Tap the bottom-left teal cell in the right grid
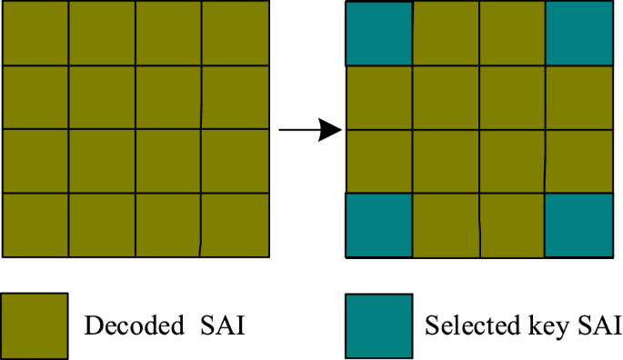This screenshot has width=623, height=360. click(x=378, y=225)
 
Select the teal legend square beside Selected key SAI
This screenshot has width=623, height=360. click(x=378, y=325)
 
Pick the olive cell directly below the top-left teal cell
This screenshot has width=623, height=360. click(x=378, y=98)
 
